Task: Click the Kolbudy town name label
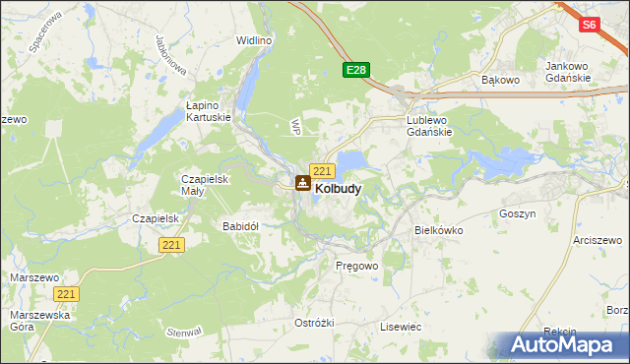tap(337, 188)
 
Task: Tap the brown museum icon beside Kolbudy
tap(303, 183)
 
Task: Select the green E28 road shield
tap(356, 70)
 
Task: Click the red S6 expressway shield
tap(589, 26)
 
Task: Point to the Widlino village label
tap(253, 40)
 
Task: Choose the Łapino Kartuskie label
tap(209, 110)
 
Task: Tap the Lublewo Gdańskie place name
tap(428, 126)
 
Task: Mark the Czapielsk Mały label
tap(205, 185)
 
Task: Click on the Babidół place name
tap(240, 226)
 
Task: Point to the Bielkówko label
tap(439, 229)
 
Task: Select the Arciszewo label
tap(599, 239)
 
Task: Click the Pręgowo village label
tap(357, 267)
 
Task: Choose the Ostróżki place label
tap(315, 323)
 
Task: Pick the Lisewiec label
tap(401, 326)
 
